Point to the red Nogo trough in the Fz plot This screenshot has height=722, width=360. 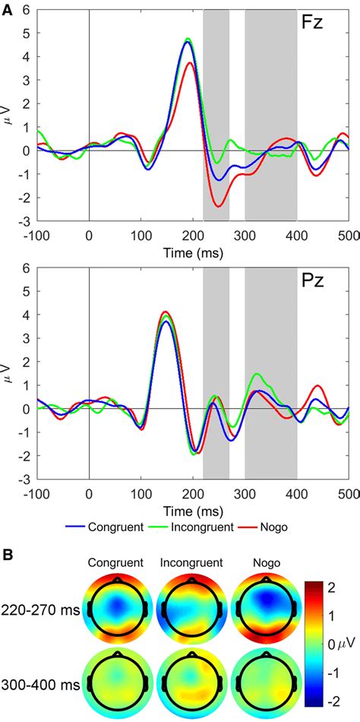click(219, 206)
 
